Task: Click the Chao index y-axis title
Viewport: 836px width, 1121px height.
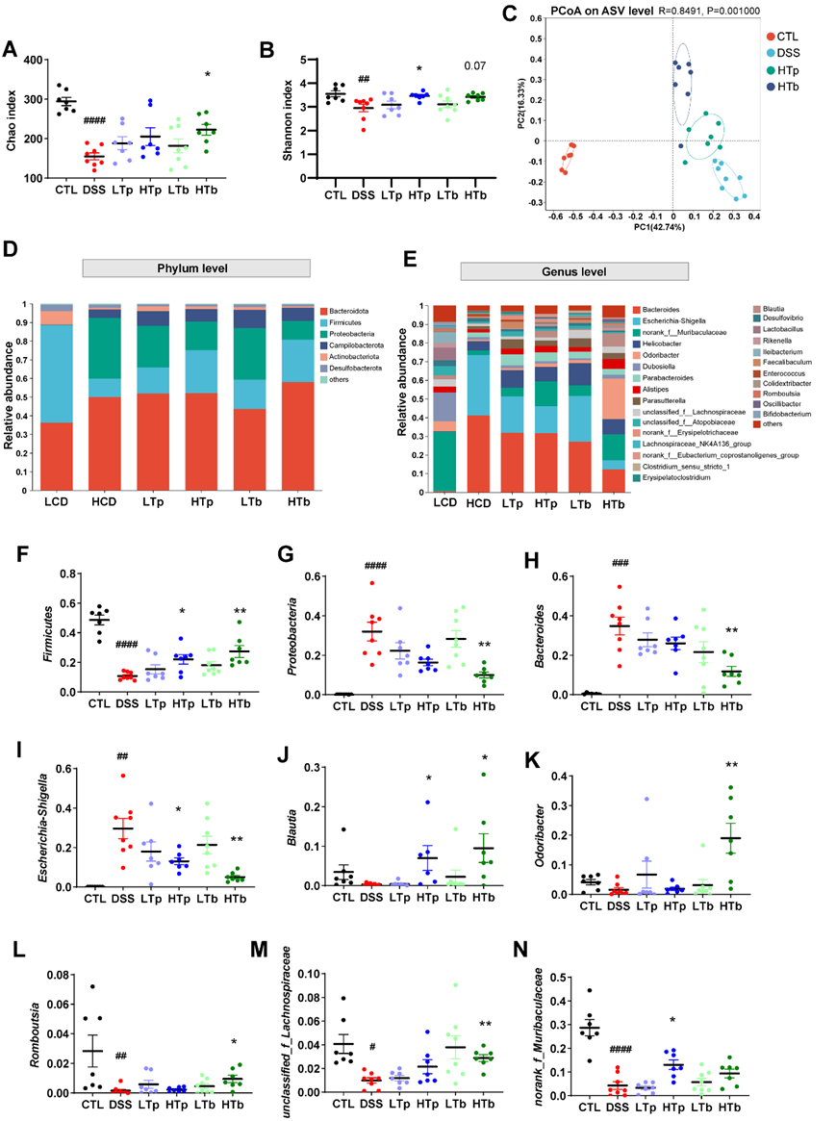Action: [13, 119]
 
